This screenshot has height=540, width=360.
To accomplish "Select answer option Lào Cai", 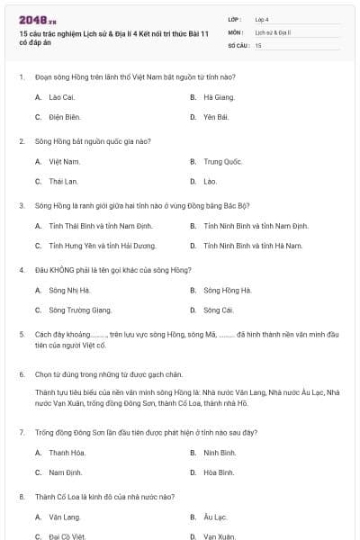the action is coord(60,96).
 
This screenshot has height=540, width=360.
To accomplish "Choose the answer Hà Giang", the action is coord(218,96).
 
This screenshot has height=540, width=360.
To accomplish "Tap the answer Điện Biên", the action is coord(64,117).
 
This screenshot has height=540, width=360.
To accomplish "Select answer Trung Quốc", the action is coord(222,161).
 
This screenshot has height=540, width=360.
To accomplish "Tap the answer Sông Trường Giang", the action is coord(80,310).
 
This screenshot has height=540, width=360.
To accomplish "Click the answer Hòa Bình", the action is coord(219,472).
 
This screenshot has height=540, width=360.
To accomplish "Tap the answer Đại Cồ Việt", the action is coord(67,536).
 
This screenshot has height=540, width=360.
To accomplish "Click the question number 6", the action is coord(21,373).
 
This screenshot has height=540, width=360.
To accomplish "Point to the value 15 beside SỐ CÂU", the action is coord(258,44).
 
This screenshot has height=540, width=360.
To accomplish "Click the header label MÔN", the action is coord(235,31).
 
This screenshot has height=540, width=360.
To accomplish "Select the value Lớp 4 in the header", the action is coord(262,19).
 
